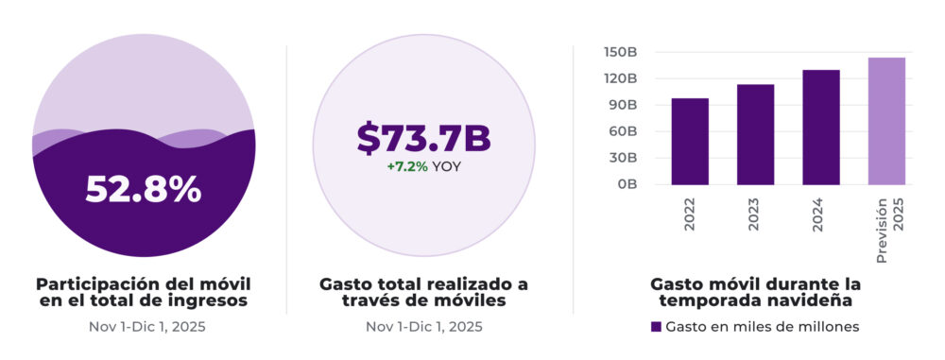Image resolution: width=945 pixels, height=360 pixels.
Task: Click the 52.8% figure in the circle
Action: (x=143, y=189)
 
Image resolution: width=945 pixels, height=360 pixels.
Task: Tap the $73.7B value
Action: (x=423, y=138)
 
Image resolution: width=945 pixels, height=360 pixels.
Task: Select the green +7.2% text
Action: (x=407, y=165)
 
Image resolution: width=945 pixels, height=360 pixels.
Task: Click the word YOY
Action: (x=447, y=165)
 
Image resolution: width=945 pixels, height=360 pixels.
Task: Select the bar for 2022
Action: (x=690, y=142)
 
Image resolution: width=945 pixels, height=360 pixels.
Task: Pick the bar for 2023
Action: (x=755, y=134)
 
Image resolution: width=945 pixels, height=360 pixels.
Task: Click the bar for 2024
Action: (x=821, y=128)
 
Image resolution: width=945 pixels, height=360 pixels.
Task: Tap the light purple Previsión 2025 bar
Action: (x=886, y=121)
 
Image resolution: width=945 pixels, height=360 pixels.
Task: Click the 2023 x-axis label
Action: (x=756, y=214)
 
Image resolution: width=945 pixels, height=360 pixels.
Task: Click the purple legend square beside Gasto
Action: (x=656, y=326)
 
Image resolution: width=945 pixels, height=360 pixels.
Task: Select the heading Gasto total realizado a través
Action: (x=423, y=292)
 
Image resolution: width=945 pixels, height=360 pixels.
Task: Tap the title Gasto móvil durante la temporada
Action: (x=755, y=292)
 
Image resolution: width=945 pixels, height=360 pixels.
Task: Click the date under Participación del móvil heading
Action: (x=143, y=327)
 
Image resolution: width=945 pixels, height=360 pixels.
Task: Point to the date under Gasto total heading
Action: (x=423, y=327)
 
